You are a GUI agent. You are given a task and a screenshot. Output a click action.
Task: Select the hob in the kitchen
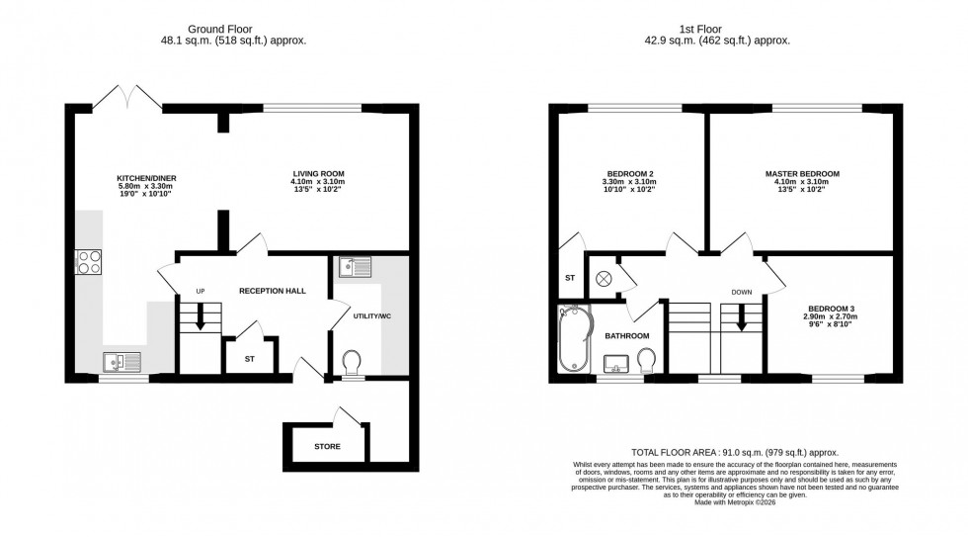(x=88, y=262)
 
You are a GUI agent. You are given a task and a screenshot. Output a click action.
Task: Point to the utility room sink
(x=352, y=267)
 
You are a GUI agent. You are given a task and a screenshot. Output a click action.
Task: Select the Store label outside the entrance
(x=327, y=446)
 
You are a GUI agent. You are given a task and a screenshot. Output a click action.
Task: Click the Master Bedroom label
(x=801, y=173)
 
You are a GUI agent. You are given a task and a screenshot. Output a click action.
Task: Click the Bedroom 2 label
(x=628, y=173)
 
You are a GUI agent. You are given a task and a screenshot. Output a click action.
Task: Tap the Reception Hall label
(x=272, y=292)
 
